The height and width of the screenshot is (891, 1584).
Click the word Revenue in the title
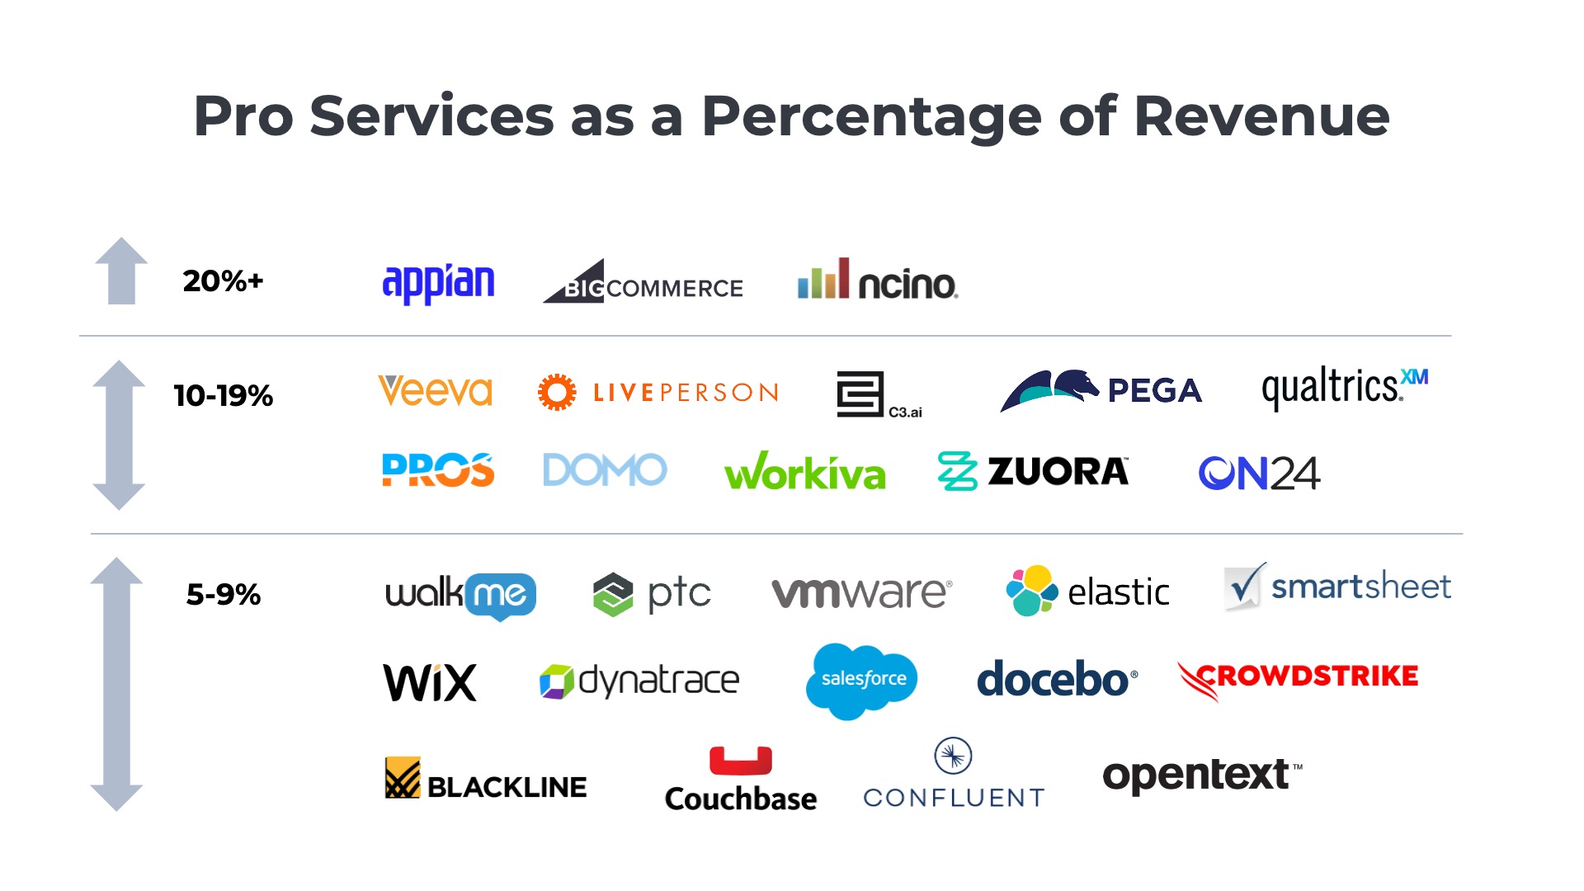tap(1261, 116)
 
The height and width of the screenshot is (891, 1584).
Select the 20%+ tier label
tap(223, 281)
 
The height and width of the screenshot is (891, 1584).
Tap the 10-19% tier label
tap(223, 395)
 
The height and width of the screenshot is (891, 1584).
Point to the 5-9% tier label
tap(223, 594)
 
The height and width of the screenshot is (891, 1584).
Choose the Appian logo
tap(438, 283)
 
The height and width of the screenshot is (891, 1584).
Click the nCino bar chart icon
tap(823, 279)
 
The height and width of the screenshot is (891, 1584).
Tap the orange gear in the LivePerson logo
tap(557, 392)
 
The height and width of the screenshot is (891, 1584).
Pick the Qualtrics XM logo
tap(1344, 387)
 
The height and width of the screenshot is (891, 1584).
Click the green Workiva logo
tap(804, 472)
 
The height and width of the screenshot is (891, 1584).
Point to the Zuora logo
tap(1033, 471)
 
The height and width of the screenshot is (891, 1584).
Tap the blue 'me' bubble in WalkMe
tap(501, 594)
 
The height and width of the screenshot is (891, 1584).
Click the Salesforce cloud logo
tap(862, 680)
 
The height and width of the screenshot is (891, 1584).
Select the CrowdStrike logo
tap(1298, 678)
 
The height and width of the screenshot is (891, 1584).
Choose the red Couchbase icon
tap(740, 760)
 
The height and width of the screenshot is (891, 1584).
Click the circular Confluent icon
tap(953, 756)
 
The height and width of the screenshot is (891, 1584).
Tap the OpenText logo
tap(1201, 775)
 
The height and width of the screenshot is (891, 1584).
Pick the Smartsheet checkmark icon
tap(1244, 587)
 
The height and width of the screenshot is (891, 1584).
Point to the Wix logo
tap(430, 682)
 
